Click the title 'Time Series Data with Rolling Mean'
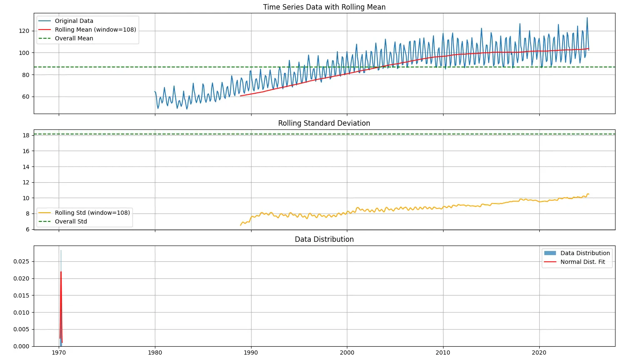coord(324,7)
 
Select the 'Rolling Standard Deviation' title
coord(324,123)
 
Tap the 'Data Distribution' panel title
coord(324,239)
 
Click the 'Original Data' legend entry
coord(74,21)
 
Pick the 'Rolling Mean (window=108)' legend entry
coord(95,30)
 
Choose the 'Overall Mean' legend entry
coord(74,38)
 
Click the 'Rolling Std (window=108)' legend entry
coord(92,213)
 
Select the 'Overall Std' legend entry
coord(71,221)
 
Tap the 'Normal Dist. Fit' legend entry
coord(582,262)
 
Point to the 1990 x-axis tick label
coord(251,353)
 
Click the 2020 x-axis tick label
coord(539,353)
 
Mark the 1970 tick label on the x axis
coord(59,353)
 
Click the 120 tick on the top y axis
coord(24,31)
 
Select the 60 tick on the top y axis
coord(26,97)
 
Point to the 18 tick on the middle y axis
coord(26,135)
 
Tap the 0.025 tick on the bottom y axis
coord(21,261)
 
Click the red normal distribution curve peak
coord(61,272)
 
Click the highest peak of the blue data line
coord(587,18)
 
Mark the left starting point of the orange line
coord(241,225)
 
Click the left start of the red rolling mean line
coord(240,96)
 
